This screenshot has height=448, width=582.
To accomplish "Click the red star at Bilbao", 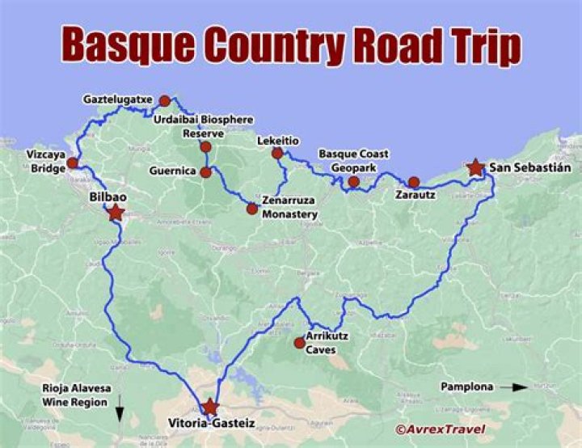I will tap(116, 213).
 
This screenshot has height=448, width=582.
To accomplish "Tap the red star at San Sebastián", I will tap(474, 167).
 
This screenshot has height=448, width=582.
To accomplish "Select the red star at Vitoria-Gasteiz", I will tap(210, 406).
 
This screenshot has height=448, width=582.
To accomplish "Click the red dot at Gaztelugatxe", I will tap(165, 101).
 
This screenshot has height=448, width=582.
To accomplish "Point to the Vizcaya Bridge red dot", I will tap(73, 163).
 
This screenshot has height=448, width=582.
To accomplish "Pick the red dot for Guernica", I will tap(205, 172).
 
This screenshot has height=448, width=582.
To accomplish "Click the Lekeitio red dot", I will tap(277, 153).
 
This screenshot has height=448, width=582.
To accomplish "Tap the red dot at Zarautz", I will tap(414, 182).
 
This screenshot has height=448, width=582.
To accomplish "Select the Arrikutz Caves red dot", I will tap(300, 343).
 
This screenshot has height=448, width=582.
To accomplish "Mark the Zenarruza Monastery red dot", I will tap(252, 209).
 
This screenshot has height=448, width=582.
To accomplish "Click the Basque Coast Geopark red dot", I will tap(353, 182).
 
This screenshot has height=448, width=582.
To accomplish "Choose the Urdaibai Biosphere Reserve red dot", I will tap(205, 146).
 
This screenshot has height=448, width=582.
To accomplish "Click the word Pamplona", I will tap(466, 387).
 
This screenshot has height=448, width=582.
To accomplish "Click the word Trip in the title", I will tap(477, 46).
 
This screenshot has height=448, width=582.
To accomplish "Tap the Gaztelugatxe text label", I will tap(117, 100).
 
